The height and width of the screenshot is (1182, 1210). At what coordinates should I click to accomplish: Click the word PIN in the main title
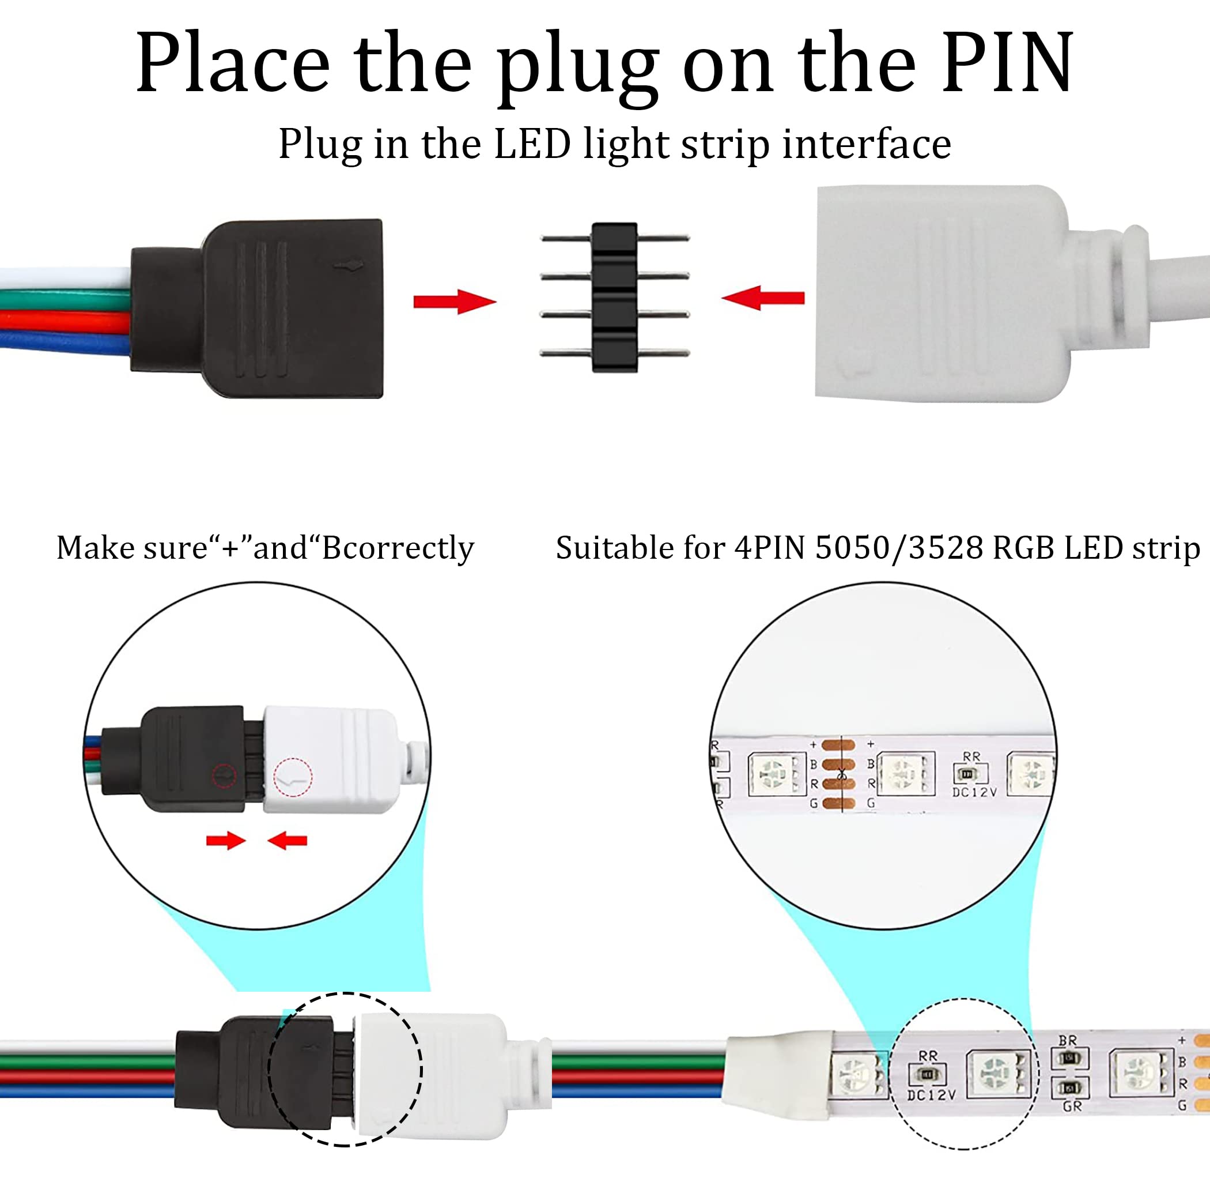(x=1007, y=63)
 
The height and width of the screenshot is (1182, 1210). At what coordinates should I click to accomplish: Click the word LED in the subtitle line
(x=532, y=144)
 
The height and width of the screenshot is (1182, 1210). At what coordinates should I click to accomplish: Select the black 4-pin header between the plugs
(x=614, y=297)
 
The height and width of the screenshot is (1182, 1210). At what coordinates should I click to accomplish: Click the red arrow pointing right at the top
(x=455, y=302)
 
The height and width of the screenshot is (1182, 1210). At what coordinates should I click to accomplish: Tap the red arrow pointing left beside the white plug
(x=763, y=298)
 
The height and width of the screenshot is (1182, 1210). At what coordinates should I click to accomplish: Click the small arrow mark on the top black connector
(x=347, y=266)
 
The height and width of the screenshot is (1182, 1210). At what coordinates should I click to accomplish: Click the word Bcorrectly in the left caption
(x=398, y=548)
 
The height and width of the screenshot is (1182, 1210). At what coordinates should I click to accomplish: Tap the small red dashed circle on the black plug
(x=224, y=776)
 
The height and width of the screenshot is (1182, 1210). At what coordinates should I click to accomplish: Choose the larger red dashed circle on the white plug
(x=293, y=777)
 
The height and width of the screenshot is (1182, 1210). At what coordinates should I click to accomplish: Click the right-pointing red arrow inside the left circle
(x=226, y=841)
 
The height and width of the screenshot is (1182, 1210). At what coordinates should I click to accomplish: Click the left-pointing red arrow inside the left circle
(x=288, y=841)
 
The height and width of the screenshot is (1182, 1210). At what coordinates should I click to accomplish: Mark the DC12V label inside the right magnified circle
(x=974, y=793)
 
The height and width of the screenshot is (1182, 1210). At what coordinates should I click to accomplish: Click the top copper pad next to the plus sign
(x=838, y=744)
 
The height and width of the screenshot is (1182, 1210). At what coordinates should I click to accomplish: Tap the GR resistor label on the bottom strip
(x=1072, y=1106)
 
